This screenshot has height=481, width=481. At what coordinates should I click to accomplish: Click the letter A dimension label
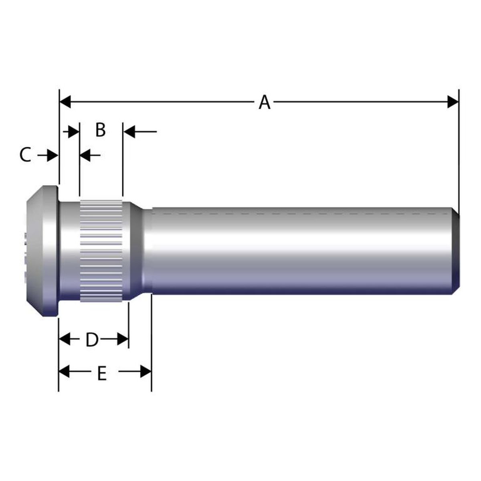(x=264, y=102)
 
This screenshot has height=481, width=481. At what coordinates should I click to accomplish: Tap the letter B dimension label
(x=100, y=130)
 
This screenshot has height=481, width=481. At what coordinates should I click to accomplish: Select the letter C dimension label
(x=25, y=155)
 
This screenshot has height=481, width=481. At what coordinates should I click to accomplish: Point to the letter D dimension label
(x=92, y=340)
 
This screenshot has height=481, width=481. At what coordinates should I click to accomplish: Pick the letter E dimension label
(x=102, y=374)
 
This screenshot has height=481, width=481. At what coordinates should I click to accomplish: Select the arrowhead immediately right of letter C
(x=53, y=155)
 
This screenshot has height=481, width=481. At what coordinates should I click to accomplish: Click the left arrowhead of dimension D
(x=65, y=339)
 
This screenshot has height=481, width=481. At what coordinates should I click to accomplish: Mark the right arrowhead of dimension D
(x=123, y=339)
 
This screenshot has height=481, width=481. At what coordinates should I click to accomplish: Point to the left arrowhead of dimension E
(x=65, y=372)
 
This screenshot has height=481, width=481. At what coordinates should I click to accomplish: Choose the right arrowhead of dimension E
(x=146, y=372)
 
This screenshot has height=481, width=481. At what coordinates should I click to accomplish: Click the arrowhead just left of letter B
(x=73, y=131)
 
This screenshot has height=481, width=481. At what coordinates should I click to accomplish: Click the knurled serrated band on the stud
(x=101, y=251)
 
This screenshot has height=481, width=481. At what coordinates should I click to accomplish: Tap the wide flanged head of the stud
(x=42, y=252)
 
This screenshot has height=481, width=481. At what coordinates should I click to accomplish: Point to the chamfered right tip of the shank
(x=456, y=251)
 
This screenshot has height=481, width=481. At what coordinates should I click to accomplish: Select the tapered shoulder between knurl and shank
(x=136, y=251)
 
